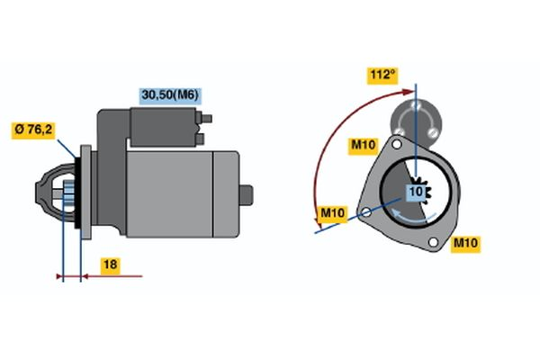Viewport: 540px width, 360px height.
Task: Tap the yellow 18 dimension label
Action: [x=109, y=265]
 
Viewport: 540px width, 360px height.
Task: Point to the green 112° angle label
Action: [x=382, y=74]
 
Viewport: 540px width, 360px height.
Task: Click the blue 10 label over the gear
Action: [x=417, y=192]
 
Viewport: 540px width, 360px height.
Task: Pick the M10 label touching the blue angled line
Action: [x=334, y=213]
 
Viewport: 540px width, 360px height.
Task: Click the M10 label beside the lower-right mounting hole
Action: [x=465, y=243]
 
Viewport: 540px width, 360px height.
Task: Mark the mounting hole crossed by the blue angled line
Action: [x=365, y=213]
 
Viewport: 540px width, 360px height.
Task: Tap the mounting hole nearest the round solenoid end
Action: [x=396, y=144]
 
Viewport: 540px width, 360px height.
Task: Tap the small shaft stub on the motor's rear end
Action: [x=247, y=193]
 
